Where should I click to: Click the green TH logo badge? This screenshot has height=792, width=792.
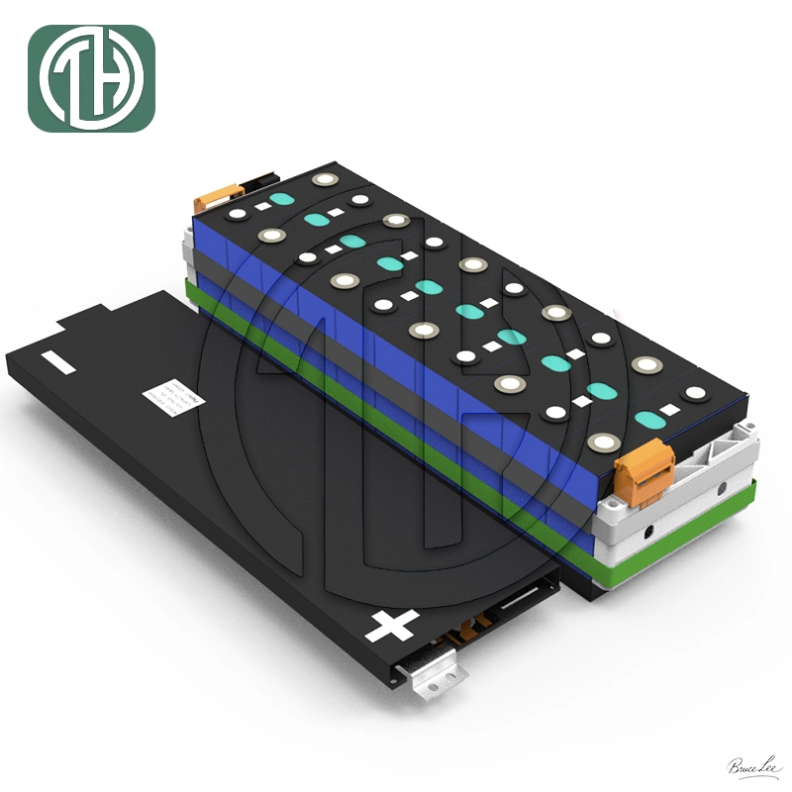(x=91, y=79)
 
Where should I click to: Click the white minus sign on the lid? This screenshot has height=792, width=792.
(x=58, y=363)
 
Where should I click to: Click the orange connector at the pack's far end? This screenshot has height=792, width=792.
(x=210, y=196)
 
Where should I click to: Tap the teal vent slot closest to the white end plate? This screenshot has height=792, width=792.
(x=648, y=419)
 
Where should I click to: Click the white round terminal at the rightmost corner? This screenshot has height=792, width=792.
(x=696, y=394)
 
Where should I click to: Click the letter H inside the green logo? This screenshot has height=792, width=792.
(x=106, y=79)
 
